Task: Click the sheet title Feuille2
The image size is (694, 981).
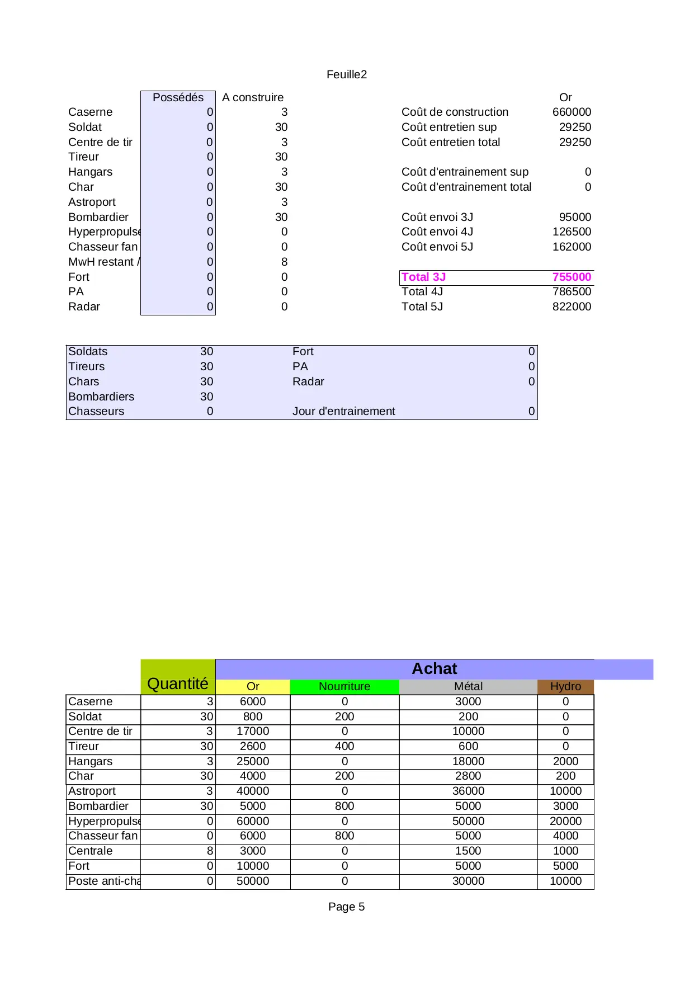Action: point(347,74)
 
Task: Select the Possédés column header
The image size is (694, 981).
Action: point(178,97)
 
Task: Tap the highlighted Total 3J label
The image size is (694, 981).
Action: point(423,277)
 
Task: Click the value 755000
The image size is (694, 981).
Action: point(572,277)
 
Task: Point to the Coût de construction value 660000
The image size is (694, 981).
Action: point(572,112)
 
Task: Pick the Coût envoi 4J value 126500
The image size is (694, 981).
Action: point(572,232)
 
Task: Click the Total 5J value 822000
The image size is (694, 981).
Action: point(572,306)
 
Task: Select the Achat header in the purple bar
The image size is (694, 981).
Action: point(434,669)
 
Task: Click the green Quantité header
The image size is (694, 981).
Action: point(178,683)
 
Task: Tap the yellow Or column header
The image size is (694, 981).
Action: point(253,686)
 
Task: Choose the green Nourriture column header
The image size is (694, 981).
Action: point(344,686)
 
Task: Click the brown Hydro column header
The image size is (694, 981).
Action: point(565,686)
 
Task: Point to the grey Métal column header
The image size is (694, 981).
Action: point(468,686)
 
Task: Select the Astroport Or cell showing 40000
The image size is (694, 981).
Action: point(253,791)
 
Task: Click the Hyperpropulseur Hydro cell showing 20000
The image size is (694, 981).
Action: point(565,821)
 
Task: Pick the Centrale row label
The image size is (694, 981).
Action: point(90,851)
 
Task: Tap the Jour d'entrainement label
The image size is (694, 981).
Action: point(343,411)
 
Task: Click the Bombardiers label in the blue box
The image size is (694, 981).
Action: point(101,397)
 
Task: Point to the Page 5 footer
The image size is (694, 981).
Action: point(346,907)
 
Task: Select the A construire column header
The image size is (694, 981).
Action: point(253,97)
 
